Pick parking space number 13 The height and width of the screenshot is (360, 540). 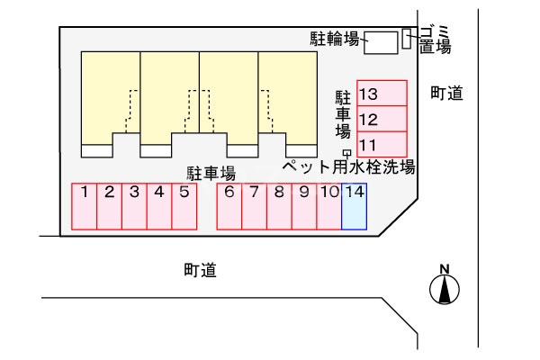[382, 94]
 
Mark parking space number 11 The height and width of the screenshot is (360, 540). [382, 144]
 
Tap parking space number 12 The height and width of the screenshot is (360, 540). [382, 119]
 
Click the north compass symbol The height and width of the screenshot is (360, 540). [444, 288]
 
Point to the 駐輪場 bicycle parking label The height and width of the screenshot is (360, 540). [335, 39]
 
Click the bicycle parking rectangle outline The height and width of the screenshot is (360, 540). [381, 41]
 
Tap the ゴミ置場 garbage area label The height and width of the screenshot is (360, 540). [435, 40]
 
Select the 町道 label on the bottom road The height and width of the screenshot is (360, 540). [200, 269]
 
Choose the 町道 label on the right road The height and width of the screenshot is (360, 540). [446, 92]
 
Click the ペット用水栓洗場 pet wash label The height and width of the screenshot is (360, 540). [348, 166]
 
